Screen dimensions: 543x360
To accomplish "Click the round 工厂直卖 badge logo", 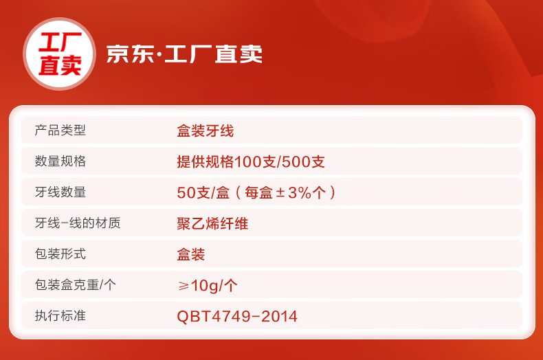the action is click(x=59, y=54).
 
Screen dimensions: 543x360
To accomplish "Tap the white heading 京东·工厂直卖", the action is click(x=184, y=54).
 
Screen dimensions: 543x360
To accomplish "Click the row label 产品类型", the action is click(x=60, y=131).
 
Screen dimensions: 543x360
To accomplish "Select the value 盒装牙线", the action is click(x=206, y=131).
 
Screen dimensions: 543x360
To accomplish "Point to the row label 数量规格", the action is click(x=60, y=161).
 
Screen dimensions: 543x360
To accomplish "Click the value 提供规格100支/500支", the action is click(x=251, y=161).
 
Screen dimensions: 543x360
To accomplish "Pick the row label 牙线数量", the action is click(x=60, y=192).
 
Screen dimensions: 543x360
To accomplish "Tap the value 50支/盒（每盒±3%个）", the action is click(x=256, y=192).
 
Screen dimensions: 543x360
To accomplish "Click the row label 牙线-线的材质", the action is click(x=78, y=223).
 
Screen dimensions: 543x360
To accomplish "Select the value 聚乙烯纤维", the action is click(x=212, y=223).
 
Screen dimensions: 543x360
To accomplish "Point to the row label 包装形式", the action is click(x=60, y=254).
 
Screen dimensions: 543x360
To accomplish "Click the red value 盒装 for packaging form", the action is click(x=191, y=254).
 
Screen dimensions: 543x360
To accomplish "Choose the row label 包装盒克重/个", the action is click(x=75, y=284).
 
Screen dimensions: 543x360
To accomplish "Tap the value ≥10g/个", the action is click(x=208, y=286).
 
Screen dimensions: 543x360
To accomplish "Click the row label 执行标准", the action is click(x=60, y=315).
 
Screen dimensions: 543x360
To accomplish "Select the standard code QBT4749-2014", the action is click(x=237, y=317).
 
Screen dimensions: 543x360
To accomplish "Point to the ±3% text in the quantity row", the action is click(x=293, y=192).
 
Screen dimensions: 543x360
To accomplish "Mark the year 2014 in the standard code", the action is click(x=279, y=317).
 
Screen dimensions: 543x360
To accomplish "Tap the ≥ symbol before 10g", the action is click(x=184, y=286).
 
